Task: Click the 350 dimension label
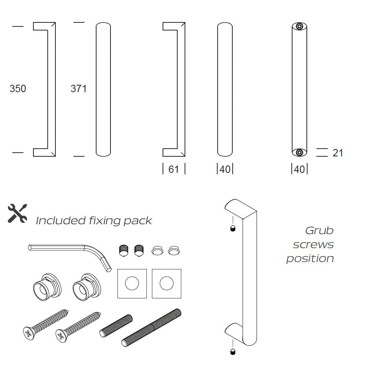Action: pyautogui.click(x=18, y=89)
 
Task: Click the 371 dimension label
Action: pyautogui.click(x=79, y=89)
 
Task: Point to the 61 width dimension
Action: pyautogui.click(x=174, y=169)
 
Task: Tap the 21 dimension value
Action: pyautogui.click(x=338, y=153)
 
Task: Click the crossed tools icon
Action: pyautogui.click(x=17, y=213)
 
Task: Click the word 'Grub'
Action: pyautogui.click(x=319, y=231)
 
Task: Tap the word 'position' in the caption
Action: pyautogui.click(x=310, y=258)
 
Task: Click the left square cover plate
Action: pyautogui.click(x=132, y=283)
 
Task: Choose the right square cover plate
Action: pyautogui.click(x=167, y=283)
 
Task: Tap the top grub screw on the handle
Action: pyautogui.click(x=232, y=229)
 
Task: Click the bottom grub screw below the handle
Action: pyautogui.click(x=232, y=352)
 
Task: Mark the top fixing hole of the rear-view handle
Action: pyautogui.click(x=299, y=27)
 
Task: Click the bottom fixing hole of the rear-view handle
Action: pyautogui.click(x=299, y=152)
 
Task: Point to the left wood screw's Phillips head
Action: pyautogui.click(x=28, y=333)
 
